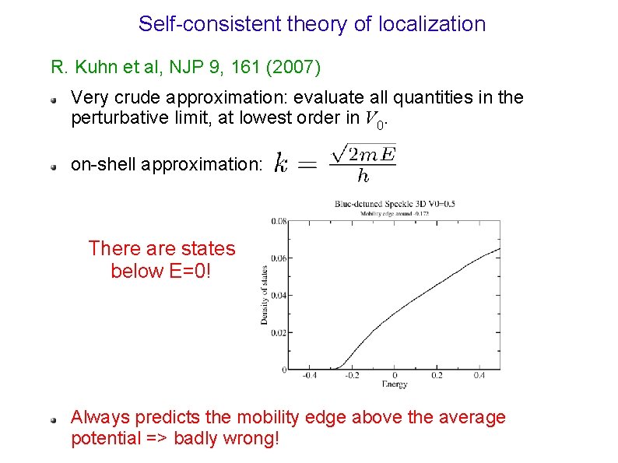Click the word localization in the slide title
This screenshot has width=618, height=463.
coord(432,24)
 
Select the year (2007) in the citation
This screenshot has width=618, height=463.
coord(293,67)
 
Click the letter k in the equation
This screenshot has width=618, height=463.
coord(282,164)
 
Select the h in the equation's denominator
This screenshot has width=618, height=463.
coord(362,177)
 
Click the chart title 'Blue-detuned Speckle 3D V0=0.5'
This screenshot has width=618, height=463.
coord(395,204)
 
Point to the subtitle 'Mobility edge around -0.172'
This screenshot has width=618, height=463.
coord(395,212)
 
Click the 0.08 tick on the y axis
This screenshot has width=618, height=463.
coord(278,221)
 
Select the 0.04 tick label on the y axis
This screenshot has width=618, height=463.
coord(278,295)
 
